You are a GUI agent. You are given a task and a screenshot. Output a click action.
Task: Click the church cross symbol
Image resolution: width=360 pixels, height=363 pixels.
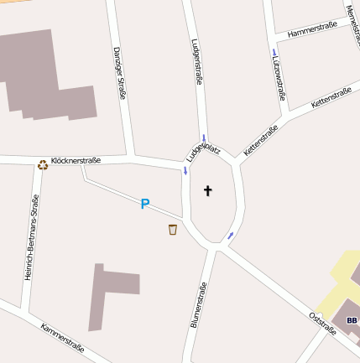[x=208, y=191]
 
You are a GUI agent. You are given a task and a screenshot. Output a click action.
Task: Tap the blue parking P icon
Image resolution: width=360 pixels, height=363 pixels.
[x=144, y=204]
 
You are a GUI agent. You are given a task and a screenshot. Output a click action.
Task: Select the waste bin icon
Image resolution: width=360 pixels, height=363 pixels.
[x=173, y=230]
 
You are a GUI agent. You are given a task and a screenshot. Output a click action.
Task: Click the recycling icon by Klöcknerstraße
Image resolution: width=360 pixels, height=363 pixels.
[x=43, y=165]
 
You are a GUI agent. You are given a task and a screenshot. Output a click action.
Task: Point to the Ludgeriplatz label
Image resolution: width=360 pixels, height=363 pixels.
[x=203, y=151]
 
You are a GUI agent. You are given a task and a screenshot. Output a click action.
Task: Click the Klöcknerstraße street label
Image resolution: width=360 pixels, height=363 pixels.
[x=76, y=160]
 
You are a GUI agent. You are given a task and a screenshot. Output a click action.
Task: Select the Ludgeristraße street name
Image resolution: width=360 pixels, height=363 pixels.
[x=197, y=62]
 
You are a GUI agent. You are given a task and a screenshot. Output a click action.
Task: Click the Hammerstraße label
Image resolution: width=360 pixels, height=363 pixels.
[x=311, y=30]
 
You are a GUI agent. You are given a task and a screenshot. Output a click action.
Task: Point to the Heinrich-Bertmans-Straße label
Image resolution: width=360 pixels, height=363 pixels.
[x=31, y=237]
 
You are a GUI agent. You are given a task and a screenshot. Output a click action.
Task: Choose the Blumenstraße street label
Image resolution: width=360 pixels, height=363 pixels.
[x=198, y=304]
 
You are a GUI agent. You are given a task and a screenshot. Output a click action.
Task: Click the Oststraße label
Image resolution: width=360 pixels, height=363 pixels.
[x=322, y=323]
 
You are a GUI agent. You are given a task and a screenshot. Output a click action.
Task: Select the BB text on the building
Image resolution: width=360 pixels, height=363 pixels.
[x=351, y=320]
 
